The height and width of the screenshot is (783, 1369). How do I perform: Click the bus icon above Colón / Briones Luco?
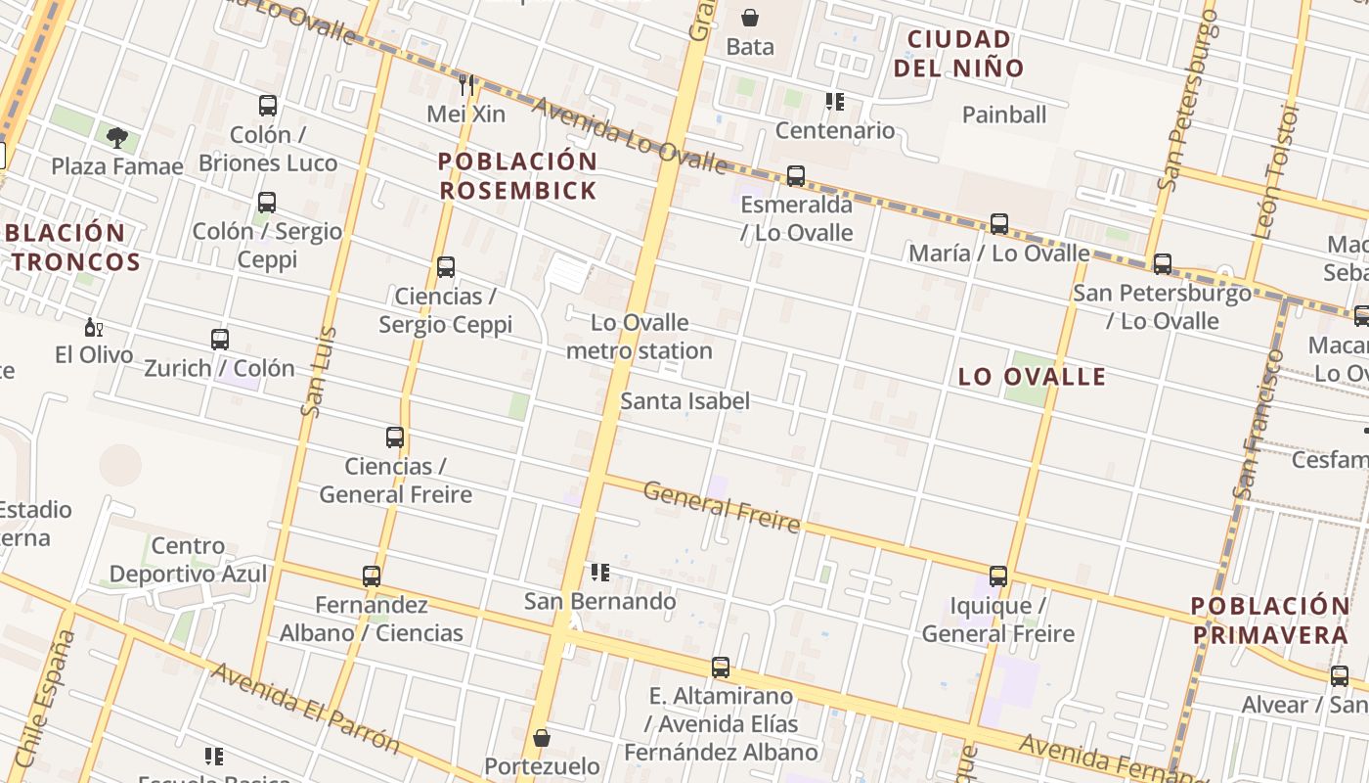coord(267,106)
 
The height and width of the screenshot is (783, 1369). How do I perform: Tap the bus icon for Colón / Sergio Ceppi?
coord(266,203)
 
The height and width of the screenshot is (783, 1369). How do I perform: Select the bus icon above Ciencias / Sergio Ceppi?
coord(446,267)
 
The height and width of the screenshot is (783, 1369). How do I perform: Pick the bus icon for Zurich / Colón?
coord(220,340)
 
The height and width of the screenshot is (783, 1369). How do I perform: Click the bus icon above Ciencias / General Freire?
coord(395,438)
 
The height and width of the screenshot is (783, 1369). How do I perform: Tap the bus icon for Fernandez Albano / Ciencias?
coord(372,576)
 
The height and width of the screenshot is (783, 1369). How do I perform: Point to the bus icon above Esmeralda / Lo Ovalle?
coord(796,176)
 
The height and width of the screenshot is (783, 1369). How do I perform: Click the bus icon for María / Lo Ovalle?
coord(998,224)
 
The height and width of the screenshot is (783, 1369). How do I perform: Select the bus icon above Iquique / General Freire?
coord(997,576)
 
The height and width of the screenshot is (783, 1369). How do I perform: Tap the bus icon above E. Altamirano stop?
coord(721,668)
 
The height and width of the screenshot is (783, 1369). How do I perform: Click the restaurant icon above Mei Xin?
coord(466,85)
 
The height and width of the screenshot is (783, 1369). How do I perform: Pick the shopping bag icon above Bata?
coord(749,18)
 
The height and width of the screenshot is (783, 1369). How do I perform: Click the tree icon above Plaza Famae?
coord(117,137)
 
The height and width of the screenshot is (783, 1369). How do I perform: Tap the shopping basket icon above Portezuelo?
coord(542,738)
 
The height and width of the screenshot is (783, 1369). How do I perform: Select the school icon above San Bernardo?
coord(599,572)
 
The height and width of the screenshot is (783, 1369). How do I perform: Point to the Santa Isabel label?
coord(684,400)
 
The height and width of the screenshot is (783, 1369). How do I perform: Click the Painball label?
coord(1004,115)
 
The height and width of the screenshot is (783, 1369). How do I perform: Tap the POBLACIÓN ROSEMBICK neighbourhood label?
coord(517,175)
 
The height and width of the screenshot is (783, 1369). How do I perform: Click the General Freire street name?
coord(722,506)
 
